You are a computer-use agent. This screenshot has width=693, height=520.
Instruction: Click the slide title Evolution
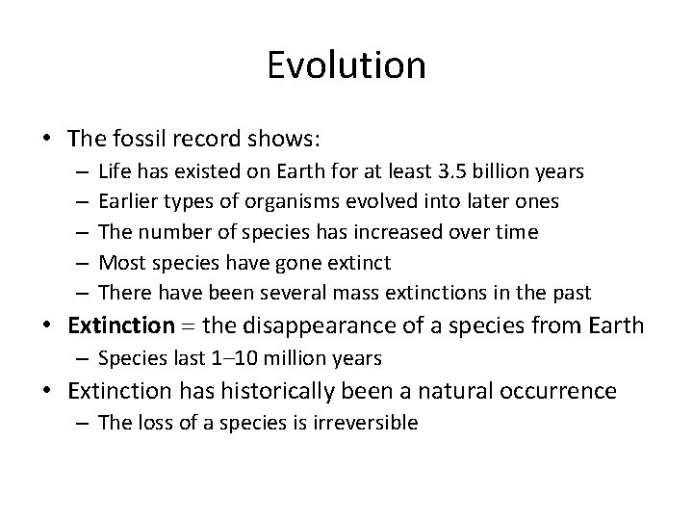point(346,65)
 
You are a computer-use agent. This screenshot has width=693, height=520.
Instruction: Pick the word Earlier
point(126,203)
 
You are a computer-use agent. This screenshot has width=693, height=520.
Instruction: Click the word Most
point(118,263)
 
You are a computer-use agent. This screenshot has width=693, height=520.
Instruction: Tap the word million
point(283,359)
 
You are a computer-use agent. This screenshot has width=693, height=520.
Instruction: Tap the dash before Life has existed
point(78,173)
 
